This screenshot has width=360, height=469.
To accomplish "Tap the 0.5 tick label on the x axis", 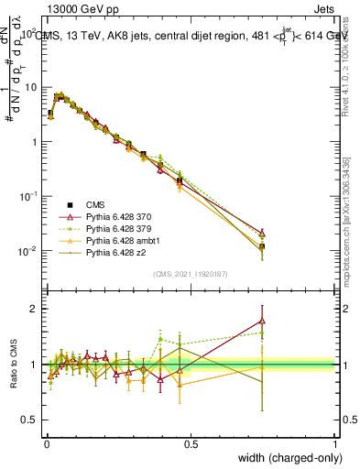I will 191,443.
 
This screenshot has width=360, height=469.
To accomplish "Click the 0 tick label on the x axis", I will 46,443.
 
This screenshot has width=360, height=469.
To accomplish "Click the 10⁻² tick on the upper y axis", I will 28,251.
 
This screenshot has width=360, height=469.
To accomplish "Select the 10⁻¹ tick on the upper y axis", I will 28,196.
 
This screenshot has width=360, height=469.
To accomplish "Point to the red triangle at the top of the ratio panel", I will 263,321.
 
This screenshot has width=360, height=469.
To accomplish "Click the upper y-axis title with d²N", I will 13,64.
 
